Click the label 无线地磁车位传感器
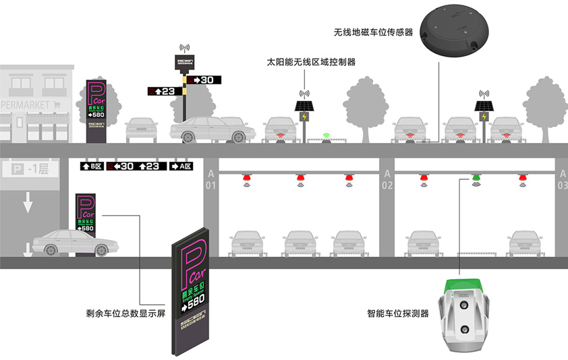pyautogui.click(x=372, y=32)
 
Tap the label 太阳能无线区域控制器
pyautogui.click(x=311, y=62)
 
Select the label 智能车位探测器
pyautogui.click(x=397, y=313)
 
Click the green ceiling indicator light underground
pyautogui.click(x=476, y=180)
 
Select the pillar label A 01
pyautogui.click(x=210, y=178)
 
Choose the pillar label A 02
pyautogui.click(x=387, y=178)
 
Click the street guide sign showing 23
pyautogui.click(x=161, y=90)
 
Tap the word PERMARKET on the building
pyautogui.click(x=26, y=105)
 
